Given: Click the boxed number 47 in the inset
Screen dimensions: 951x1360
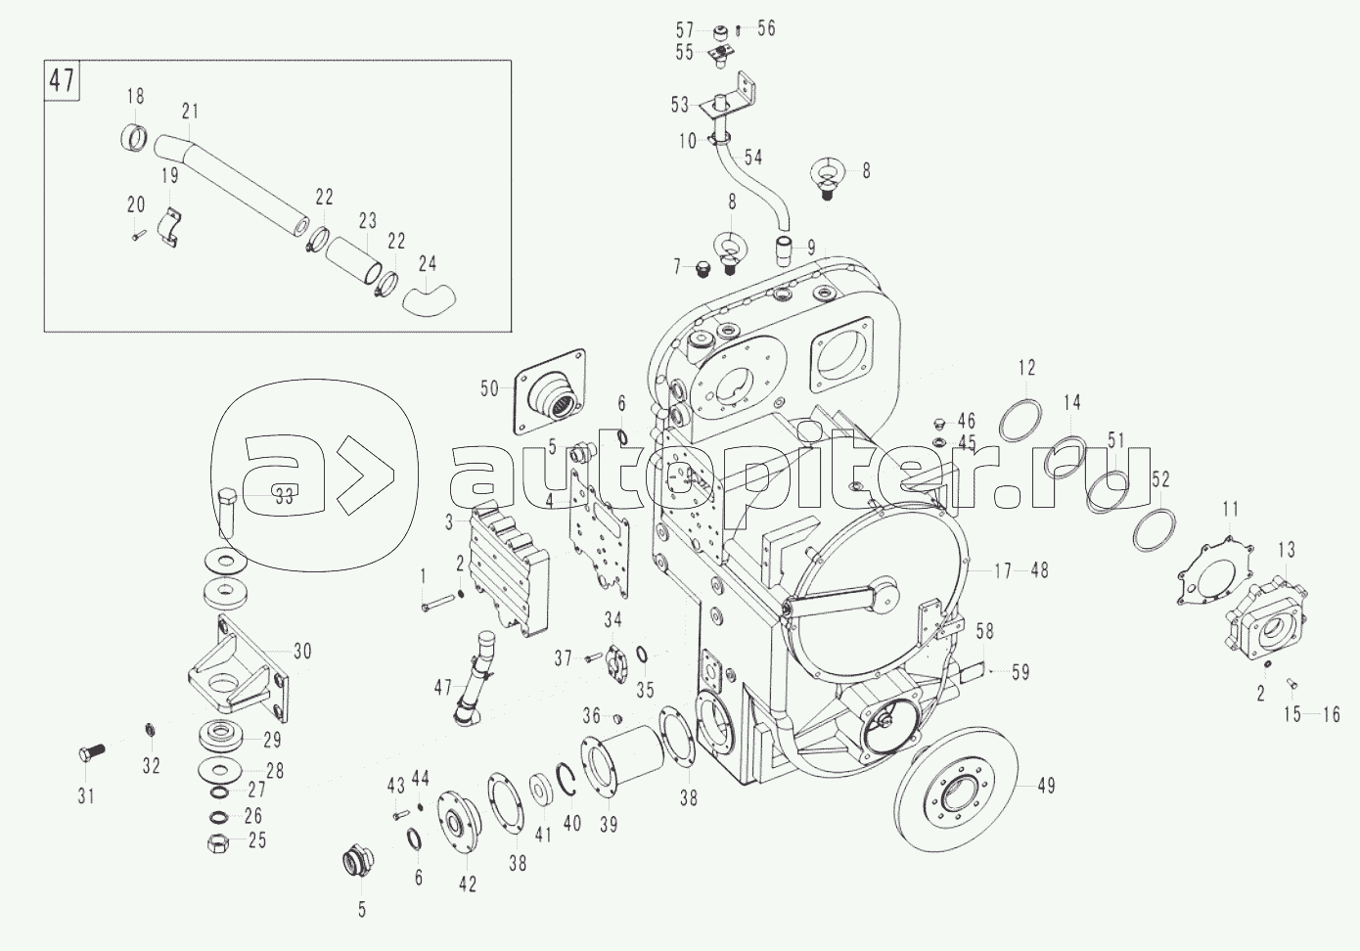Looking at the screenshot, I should (x=63, y=80).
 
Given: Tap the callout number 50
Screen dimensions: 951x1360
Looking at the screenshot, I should (x=489, y=389).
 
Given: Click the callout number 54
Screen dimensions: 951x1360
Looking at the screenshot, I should (x=752, y=157).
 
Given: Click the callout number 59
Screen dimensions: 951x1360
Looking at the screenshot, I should (x=1020, y=672).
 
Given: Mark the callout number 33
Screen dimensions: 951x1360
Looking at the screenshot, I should (x=283, y=496).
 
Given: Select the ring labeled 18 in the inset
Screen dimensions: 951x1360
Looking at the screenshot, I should (x=136, y=140).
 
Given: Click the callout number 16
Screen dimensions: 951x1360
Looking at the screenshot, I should (x=1331, y=715).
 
